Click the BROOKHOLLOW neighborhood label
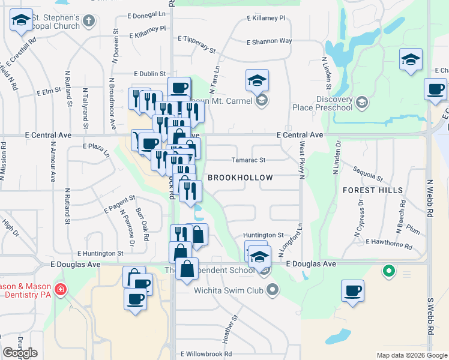[240, 178]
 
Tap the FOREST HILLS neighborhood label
[367, 190]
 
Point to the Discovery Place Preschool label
[326, 104]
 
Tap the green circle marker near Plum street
[389, 272]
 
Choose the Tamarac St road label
[249, 160]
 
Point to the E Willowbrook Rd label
[206, 354]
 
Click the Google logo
[20, 353]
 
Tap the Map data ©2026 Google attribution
[411, 355]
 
